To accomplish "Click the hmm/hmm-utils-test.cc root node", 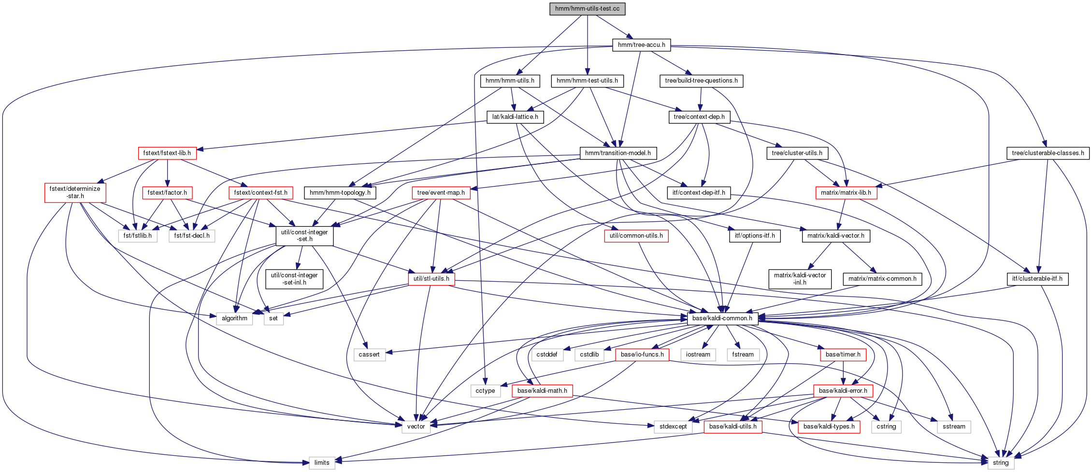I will click(x=587, y=9).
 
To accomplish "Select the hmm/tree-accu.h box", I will click(x=641, y=45).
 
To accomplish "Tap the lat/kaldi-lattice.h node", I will click(x=515, y=117).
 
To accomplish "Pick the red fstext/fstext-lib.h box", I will click(x=167, y=153).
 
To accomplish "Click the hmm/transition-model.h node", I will click(x=618, y=153).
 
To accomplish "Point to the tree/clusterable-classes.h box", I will click(x=1048, y=153).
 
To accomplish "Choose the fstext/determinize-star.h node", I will click(x=75, y=192).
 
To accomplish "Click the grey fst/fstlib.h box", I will click(x=137, y=236).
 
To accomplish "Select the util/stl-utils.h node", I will click(x=431, y=279).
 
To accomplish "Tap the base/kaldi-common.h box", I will click(x=722, y=318).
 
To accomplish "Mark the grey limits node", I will click(x=322, y=463).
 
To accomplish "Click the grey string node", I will click(x=1000, y=463).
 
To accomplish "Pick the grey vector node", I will click(x=416, y=427).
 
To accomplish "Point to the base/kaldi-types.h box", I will click(x=829, y=427).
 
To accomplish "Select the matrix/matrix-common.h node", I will click(x=882, y=279).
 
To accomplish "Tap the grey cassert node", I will click(x=369, y=355).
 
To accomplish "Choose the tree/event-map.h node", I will click(x=441, y=193).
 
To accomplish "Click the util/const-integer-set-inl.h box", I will click(x=294, y=279).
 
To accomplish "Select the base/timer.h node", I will click(x=843, y=355).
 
